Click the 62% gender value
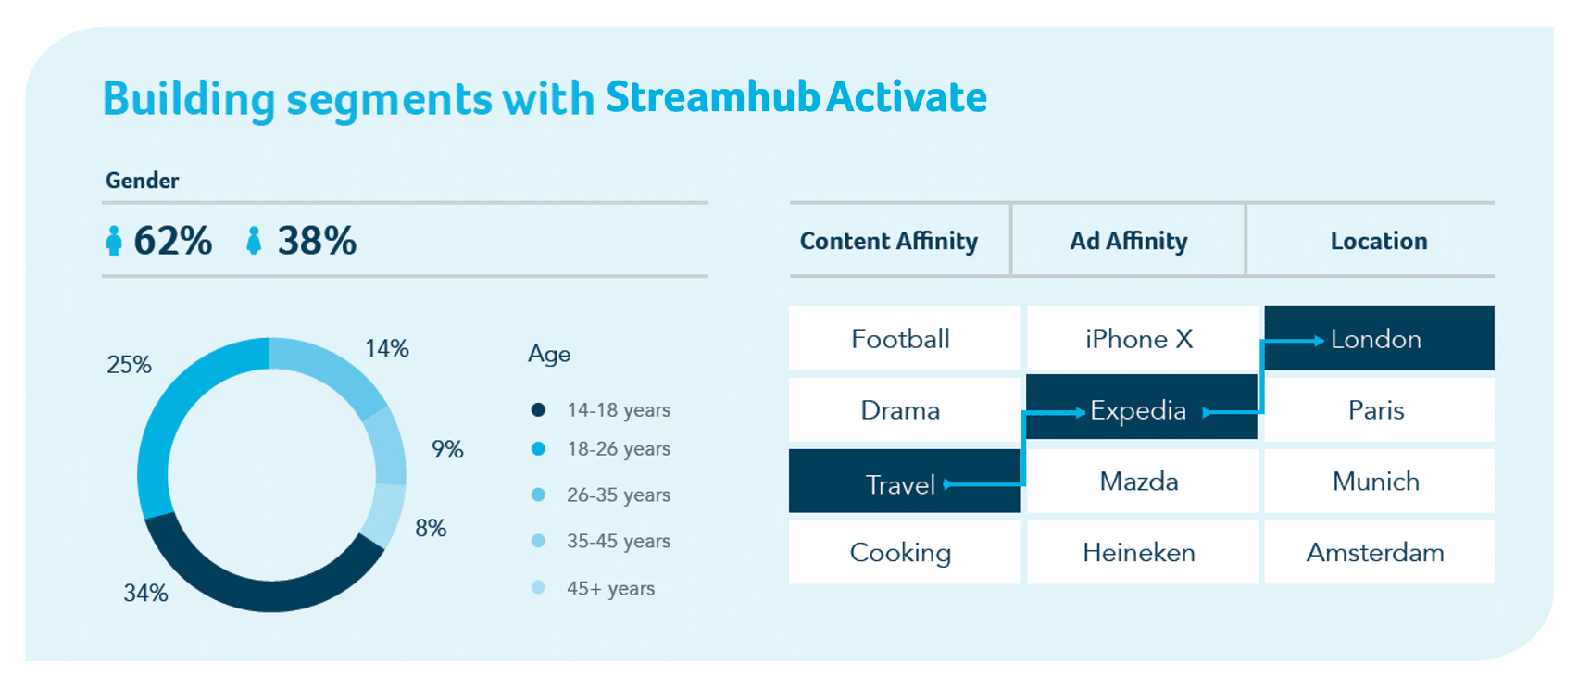pos(172,240)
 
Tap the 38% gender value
pos(317,240)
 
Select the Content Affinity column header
pos(888,241)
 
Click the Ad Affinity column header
pos(1129,241)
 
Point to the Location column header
pos(1379,241)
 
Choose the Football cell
pos(904,338)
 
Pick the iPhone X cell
pos(1142,338)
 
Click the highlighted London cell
pos(1379,338)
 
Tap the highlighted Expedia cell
pos(1142,407)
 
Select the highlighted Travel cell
pos(904,482)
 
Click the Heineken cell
pos(1142,552)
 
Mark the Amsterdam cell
pos(1379,552)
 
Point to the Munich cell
pos(1379,482)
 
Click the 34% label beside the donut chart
pos(145,594)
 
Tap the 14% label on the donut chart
pos(387,348)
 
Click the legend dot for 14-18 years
pos(538,409)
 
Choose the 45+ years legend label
pos(611,588)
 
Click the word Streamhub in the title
pos(712,96)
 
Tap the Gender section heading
pos(143,181)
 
